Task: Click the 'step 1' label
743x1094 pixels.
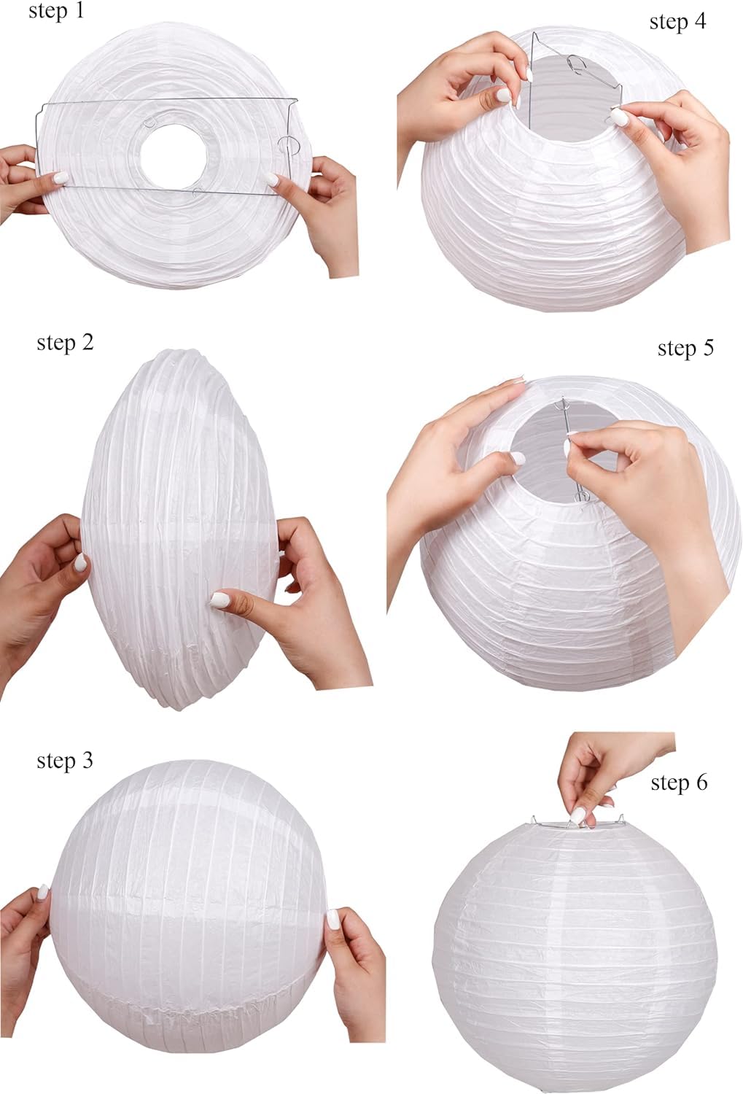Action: click(56, 12)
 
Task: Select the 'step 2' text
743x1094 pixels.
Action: click(65, 342)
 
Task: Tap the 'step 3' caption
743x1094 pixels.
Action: click(65, 761)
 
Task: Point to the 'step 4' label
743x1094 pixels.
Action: click(677, 22)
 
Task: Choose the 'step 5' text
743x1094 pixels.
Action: click(685, 348)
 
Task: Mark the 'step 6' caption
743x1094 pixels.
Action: click(679, 783)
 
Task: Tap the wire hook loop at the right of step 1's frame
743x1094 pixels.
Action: click(289, 143)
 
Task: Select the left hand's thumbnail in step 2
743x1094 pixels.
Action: click(81, 562)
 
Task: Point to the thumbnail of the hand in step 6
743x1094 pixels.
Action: click(579, 815)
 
